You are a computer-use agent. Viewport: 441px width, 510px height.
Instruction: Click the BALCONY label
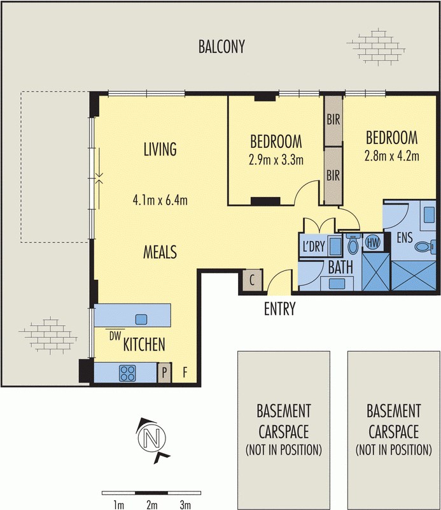(221, 47)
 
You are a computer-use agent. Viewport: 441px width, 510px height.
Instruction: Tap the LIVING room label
(159, 150)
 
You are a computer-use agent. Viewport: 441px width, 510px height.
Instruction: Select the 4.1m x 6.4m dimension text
(159, 201)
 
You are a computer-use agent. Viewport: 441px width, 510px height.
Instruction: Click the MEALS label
(159, 250)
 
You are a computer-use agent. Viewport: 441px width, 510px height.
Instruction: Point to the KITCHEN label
(144, 345)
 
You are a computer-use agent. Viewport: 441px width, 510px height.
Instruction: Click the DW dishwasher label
(115, 335)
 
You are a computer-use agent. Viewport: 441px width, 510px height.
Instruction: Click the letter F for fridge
(185, 372)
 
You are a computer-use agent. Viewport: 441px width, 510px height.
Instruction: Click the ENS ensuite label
(405, 238)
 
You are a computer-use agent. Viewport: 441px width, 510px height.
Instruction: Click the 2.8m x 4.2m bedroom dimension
(391, 155)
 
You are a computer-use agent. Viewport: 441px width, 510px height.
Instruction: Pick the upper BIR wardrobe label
(333, 119)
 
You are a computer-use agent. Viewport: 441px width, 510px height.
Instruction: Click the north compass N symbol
(151, 438)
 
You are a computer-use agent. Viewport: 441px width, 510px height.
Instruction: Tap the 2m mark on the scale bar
(151, 505)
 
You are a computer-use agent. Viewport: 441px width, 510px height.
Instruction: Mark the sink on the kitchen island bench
(141, 318)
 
